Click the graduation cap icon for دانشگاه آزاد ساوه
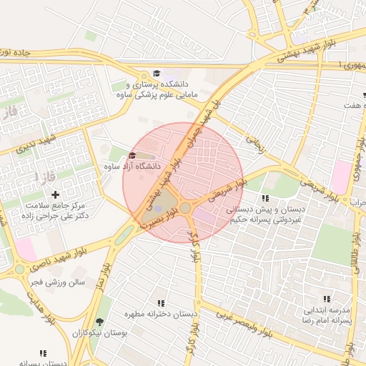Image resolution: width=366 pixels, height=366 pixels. click(132, 156)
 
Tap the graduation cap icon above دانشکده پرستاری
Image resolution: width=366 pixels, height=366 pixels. click(157, 74)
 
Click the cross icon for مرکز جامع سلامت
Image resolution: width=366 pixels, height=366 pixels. click(55, 194)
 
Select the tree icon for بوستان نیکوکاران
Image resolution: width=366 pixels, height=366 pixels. click(99, 322)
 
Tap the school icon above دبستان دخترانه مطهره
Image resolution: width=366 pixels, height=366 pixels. click(160, 303)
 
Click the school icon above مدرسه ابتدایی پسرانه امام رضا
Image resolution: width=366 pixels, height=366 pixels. click(327, 299)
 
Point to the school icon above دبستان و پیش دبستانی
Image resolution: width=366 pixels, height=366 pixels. click(265, 198)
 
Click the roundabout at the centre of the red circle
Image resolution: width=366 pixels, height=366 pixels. click(185, 207)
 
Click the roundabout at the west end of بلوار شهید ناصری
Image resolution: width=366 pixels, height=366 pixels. click(19, 270)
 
